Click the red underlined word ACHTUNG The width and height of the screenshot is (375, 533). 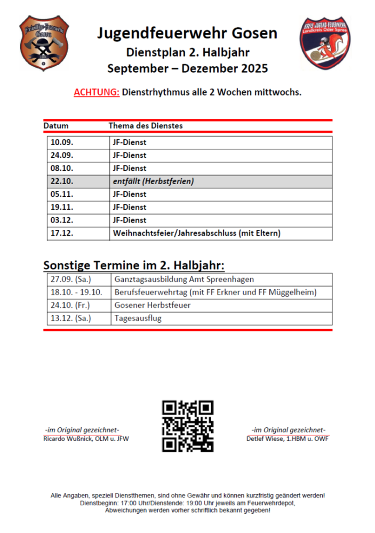97,92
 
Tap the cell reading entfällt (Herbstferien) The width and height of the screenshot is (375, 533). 153,181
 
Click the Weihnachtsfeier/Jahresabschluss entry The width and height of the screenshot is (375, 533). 196,233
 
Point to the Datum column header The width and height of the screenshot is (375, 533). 56,126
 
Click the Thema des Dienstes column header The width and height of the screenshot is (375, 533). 146,126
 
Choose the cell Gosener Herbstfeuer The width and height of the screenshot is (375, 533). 153,305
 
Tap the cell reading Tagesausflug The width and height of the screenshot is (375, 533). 138,319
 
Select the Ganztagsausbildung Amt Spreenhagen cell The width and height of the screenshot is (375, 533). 184,279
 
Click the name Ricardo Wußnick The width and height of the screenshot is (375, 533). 66,439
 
